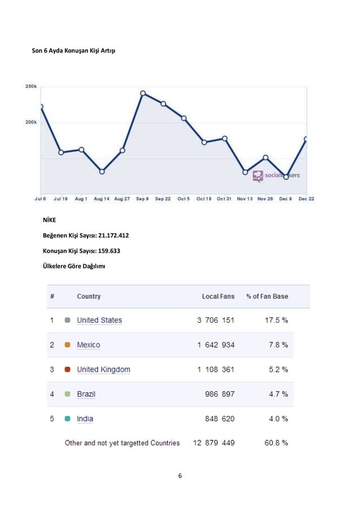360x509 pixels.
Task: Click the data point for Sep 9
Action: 143,93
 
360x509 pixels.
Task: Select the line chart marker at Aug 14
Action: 102,171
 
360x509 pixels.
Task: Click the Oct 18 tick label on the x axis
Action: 204,199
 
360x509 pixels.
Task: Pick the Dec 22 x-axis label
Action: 307,199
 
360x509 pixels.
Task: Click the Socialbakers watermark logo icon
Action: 258,176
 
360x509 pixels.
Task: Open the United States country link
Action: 99,321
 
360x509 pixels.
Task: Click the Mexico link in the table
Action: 89,345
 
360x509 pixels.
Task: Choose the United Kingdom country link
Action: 103,370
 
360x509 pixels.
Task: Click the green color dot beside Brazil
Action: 67,394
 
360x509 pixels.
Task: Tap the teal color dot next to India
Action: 67,419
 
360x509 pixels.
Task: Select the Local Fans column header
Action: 218,296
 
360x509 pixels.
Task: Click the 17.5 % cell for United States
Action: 276,321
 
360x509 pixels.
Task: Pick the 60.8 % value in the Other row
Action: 276,443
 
